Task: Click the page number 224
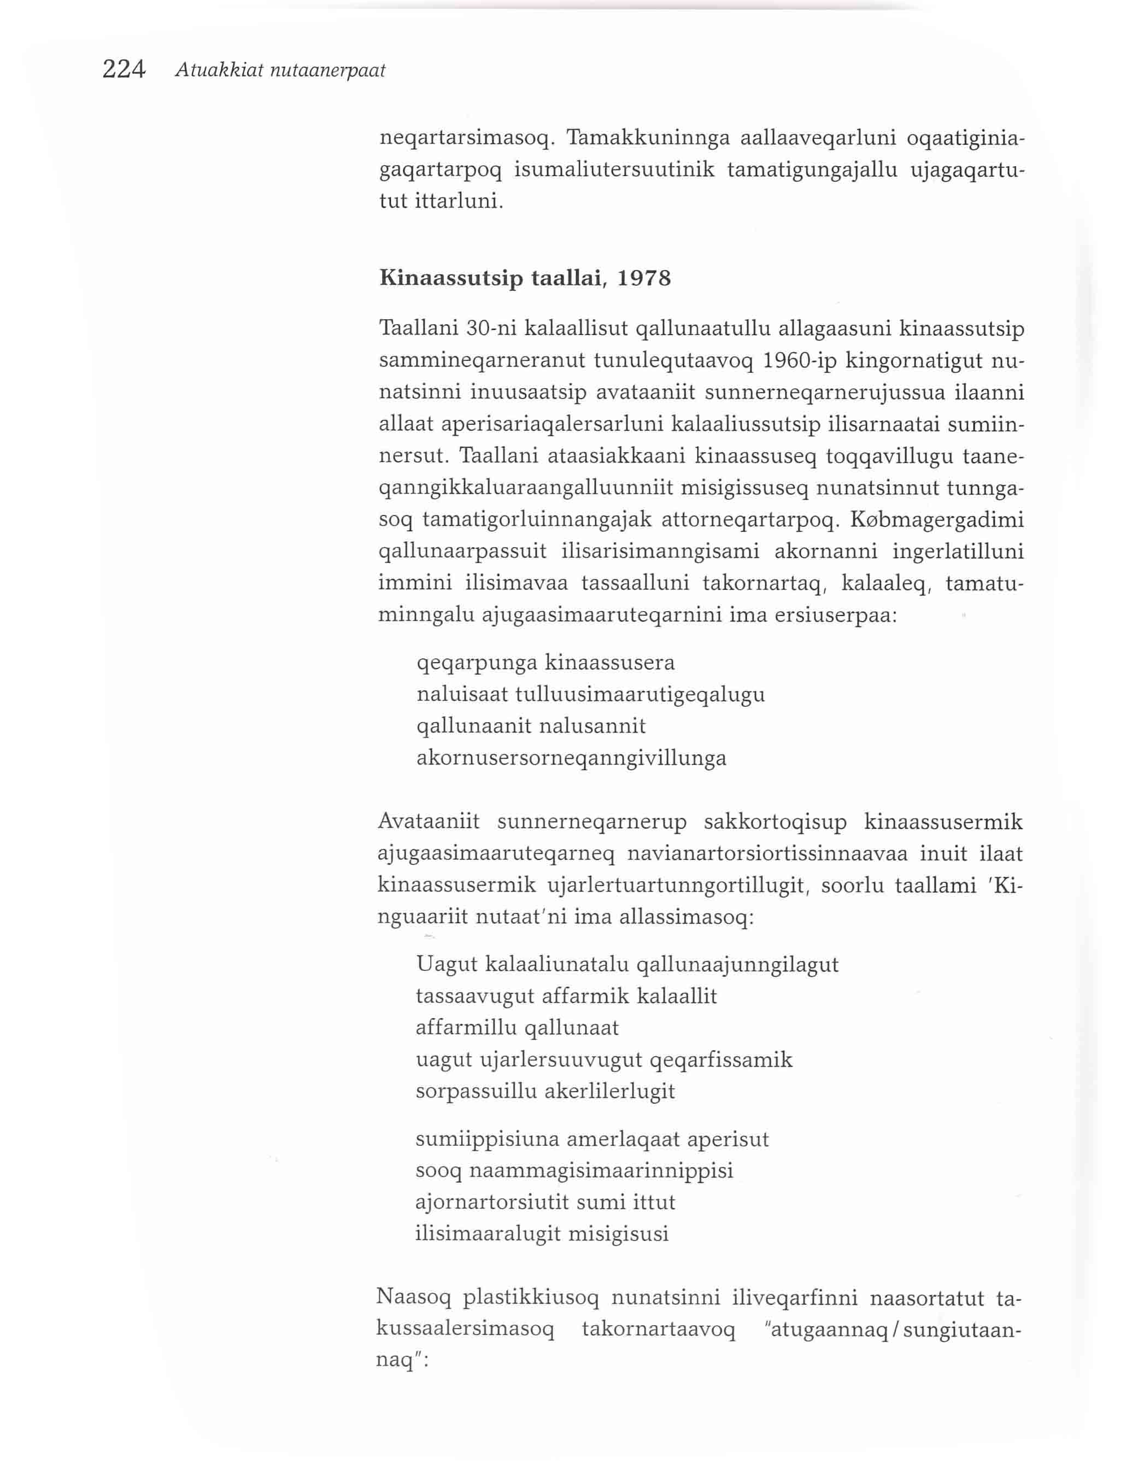124,70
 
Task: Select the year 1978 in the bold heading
643,278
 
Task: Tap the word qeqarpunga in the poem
477,664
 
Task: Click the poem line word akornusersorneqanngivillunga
571,758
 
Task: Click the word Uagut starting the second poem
445,965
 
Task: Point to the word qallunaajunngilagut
737,965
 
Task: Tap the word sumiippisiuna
486,1139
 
